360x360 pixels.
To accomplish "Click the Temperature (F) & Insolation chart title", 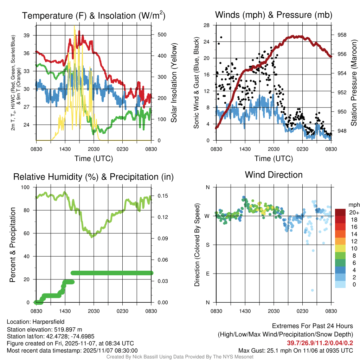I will click(94, 16).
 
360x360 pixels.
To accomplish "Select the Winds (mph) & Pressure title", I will click(274, 15).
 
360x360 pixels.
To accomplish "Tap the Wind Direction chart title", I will click(274, 175).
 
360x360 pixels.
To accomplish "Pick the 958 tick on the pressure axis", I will click(342, 35).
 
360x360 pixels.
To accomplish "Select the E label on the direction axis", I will click(208, 274).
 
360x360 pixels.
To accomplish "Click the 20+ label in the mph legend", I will click(353, 212).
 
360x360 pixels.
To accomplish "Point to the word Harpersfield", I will click(49, 322).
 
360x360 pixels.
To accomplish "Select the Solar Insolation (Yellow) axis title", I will click(174, 83).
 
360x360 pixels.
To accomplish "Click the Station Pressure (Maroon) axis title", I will click(354, 83).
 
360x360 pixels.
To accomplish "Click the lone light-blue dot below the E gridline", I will click(312, 290).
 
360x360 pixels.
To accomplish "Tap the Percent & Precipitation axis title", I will click(13, 245).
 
